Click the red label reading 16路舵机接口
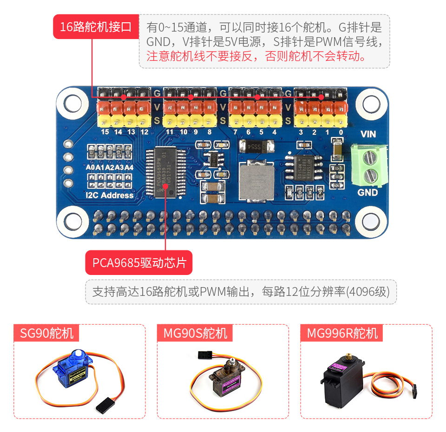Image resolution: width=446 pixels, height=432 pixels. (96, 27)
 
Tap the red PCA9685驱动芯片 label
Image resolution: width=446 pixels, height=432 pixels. (139, 263)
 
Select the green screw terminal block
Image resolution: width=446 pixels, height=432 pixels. (369, 165)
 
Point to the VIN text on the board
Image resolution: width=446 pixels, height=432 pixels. (368, 134)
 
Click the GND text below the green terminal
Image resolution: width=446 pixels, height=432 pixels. (367, 192)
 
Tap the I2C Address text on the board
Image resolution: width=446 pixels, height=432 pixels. (110, 195)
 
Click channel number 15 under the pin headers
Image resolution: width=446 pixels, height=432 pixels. (105, 132)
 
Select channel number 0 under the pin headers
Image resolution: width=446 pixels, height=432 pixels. (341, 132)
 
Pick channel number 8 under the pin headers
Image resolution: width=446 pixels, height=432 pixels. (210, 132)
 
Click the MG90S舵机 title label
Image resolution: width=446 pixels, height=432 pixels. (195, 333)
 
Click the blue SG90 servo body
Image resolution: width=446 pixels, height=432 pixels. (72, 371)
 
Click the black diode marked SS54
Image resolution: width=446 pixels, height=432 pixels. (254, 147)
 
